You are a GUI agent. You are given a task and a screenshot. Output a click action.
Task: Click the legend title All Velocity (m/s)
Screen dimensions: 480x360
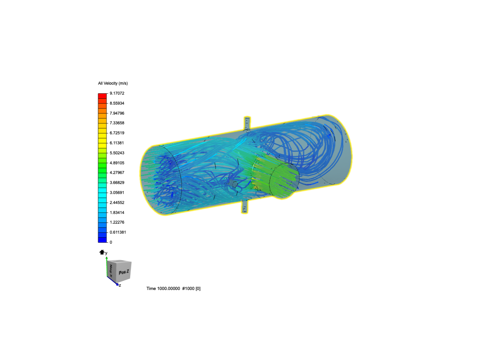click(113, 83)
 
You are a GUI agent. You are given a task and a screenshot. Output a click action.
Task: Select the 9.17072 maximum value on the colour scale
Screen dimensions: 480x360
click(117, 93)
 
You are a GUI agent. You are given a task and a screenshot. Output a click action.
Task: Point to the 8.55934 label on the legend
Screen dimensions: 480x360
click(117, 103)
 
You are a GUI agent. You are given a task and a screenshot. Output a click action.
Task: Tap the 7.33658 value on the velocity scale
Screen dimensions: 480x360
click(117, 123)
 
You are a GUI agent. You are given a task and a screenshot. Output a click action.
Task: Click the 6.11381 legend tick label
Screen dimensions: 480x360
click(117, 143)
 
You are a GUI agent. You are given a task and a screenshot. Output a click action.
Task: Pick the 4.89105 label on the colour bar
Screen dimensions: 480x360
click(117, 163)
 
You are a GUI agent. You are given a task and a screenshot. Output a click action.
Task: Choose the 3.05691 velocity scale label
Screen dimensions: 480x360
click(117, 193)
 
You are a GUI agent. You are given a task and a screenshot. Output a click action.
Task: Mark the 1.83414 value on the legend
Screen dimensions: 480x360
click(117, 212)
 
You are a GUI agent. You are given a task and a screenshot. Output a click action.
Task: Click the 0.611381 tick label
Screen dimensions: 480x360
click(118, 232)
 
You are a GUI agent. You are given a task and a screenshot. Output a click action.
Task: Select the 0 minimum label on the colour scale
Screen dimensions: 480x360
click(111, 242)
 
